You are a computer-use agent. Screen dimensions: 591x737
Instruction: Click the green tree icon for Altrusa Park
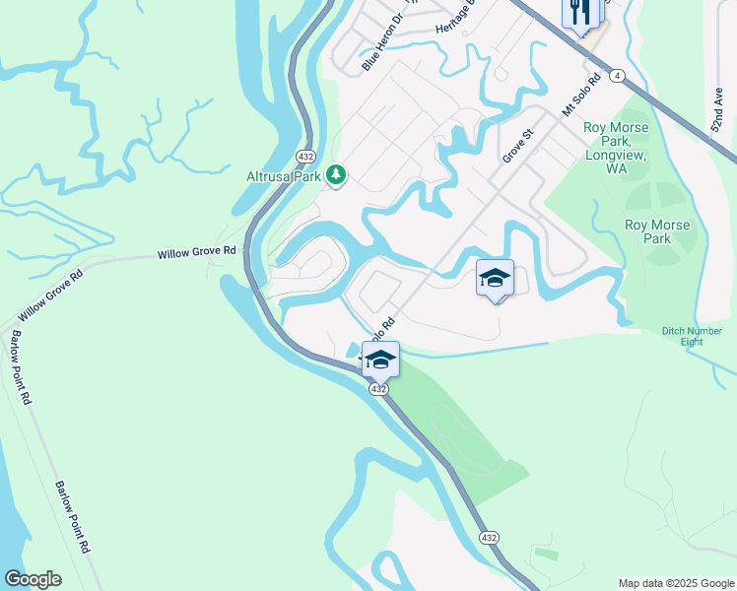(337, 175)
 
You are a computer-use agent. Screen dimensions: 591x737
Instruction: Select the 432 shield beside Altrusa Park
(305, 157)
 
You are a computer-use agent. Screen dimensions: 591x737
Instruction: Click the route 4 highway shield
(616, 75)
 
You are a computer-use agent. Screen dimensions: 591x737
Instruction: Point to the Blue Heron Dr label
(383, 42)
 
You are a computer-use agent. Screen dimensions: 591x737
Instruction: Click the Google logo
(33, 579)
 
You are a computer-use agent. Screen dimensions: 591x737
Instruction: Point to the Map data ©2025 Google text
(675, 583)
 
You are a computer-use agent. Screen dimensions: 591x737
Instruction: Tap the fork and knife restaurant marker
(581, 13)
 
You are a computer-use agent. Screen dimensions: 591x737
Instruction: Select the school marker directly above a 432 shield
(380, 360)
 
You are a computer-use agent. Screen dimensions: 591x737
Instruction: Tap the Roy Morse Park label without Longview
(657, 231)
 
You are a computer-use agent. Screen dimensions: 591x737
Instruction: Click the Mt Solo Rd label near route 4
(581, 98)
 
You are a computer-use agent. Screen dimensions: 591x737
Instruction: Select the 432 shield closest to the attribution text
(488, 537)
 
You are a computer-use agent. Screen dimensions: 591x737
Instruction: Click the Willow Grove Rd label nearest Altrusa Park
(197, 253)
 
